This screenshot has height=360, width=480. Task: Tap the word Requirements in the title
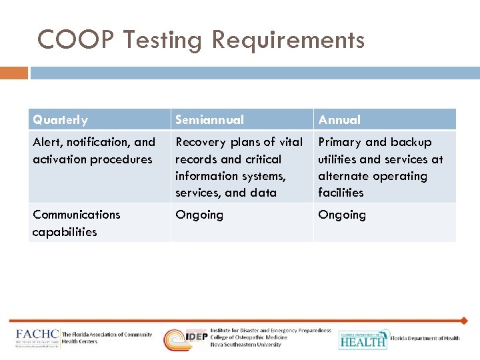[289, 40]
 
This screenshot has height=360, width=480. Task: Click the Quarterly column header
[60, 120]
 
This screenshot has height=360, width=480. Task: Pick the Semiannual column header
[209, 120]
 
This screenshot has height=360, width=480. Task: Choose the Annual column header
[339, 120]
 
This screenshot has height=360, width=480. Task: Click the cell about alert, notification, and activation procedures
[94, 151]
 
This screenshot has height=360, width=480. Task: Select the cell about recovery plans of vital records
[239, 167]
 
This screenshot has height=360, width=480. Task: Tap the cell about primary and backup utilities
[381, 167]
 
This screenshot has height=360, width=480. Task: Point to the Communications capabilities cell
[76, 223]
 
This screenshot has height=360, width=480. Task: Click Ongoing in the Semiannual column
[199, 215]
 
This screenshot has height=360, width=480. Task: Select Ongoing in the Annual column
[342, 215]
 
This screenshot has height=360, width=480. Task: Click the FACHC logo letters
[37, 335]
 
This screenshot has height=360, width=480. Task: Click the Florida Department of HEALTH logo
[363, 339]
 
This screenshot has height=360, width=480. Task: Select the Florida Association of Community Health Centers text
[107, 338]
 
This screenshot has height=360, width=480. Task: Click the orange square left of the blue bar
[14, 72]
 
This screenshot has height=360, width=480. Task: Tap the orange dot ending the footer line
[464, 321]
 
